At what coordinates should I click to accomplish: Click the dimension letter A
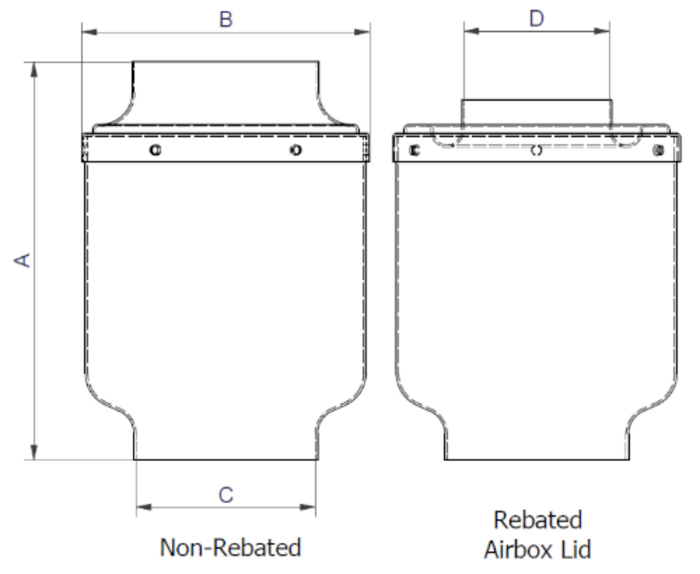23,260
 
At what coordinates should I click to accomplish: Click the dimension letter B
226,19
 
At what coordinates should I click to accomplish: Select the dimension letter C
226,495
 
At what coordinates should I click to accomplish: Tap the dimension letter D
537,19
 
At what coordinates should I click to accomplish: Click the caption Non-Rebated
230,548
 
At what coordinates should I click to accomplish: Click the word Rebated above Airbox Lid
538,520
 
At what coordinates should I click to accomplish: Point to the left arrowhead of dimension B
89,32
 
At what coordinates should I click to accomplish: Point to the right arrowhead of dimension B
362,32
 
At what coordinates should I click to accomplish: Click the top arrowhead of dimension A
34,70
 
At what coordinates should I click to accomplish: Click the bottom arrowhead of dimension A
34,452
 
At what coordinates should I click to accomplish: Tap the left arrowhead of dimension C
143,507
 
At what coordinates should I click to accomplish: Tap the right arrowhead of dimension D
602,31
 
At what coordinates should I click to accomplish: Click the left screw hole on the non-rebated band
155,150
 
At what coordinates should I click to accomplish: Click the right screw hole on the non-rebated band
296,150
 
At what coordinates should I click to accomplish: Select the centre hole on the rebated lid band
536,150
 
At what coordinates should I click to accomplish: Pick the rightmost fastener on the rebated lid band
659,150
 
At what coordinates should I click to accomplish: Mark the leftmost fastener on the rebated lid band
415,150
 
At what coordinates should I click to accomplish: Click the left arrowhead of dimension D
472,31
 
